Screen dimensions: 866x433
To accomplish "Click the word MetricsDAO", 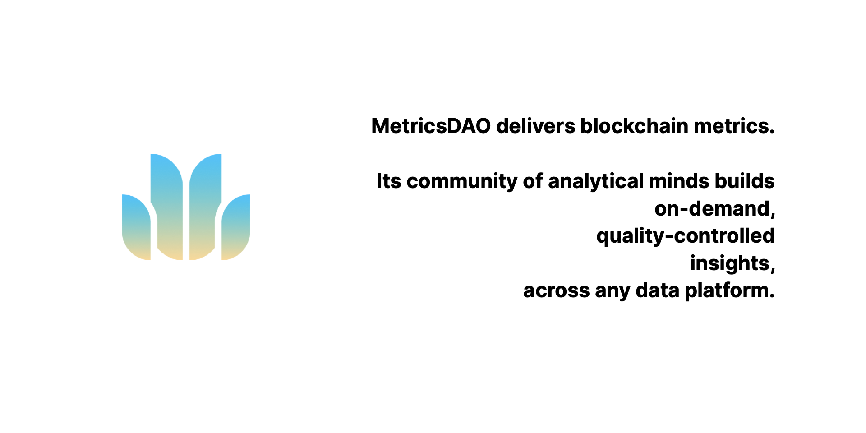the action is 431,126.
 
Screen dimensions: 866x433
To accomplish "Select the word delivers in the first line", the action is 536,126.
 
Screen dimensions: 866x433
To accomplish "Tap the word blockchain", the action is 635,126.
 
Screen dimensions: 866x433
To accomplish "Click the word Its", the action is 389,181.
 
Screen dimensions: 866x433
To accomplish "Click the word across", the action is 556,291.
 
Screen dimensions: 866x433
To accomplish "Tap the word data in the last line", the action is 658,290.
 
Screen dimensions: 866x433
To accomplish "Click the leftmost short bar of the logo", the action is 136,227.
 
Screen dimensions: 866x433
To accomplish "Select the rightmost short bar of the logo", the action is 235,227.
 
